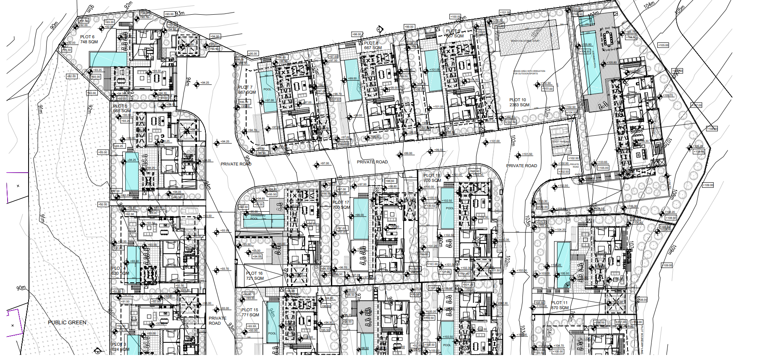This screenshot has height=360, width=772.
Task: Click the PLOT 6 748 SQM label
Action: coord(89,39)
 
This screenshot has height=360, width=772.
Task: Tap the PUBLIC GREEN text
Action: coord(67,323)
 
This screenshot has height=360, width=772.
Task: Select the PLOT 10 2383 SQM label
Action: coord(519,102)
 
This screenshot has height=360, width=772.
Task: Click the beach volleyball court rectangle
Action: coord(528,41)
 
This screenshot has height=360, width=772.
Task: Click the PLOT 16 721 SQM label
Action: coord(255,276)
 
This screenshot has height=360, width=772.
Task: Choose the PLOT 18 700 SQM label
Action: coord(432,178)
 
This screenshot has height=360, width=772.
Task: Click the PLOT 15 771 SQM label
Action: coord(250,313)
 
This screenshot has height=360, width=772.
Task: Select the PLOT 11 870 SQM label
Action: coord(559,305)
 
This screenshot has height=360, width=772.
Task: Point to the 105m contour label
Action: coord(679,10)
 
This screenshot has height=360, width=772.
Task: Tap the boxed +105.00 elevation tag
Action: coord(663,45)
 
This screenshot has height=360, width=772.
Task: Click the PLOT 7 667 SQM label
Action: coord(247,90)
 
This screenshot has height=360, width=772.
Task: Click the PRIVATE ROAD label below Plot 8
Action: coord(372,162)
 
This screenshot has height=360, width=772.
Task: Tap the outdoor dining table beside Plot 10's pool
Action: coord(608,39)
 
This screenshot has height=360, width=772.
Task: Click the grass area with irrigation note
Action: coord(529,72)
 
